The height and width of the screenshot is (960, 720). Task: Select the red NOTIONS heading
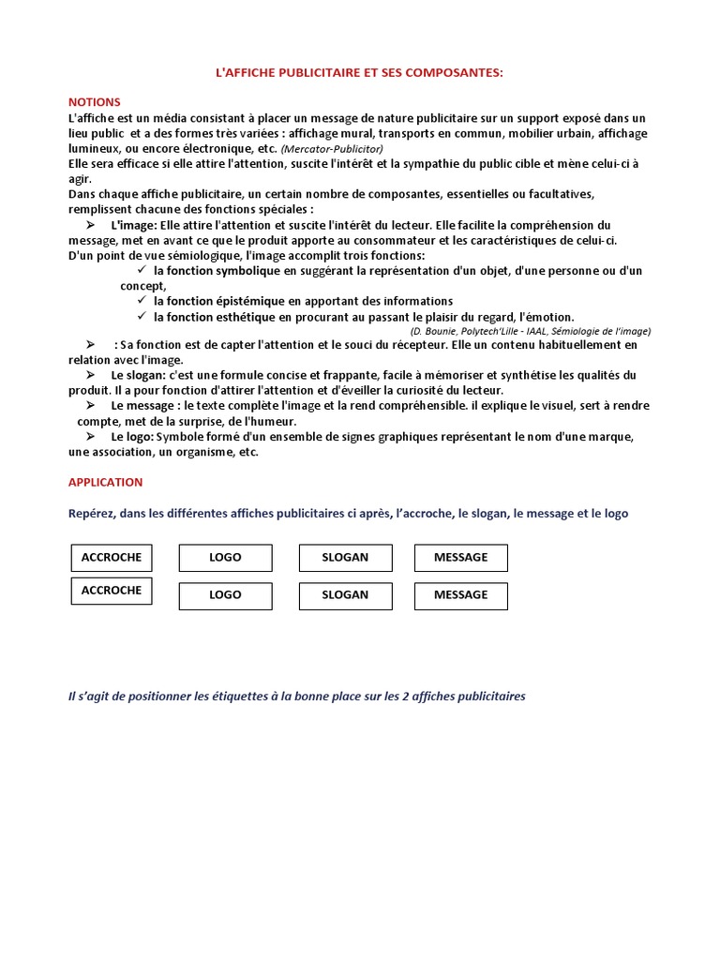click(94, 102)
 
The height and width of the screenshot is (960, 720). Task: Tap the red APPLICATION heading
click(106, 482)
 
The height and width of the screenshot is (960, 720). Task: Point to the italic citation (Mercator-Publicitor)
click(331, 149)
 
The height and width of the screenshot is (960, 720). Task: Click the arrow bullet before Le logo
click(91, 437)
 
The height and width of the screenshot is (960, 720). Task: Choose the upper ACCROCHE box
click(112, 558)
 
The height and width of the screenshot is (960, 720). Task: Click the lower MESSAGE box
click(460, 595)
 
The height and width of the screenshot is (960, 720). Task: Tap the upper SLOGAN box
click(345, 558)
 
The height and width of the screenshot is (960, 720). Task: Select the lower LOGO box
click(225, 595)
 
